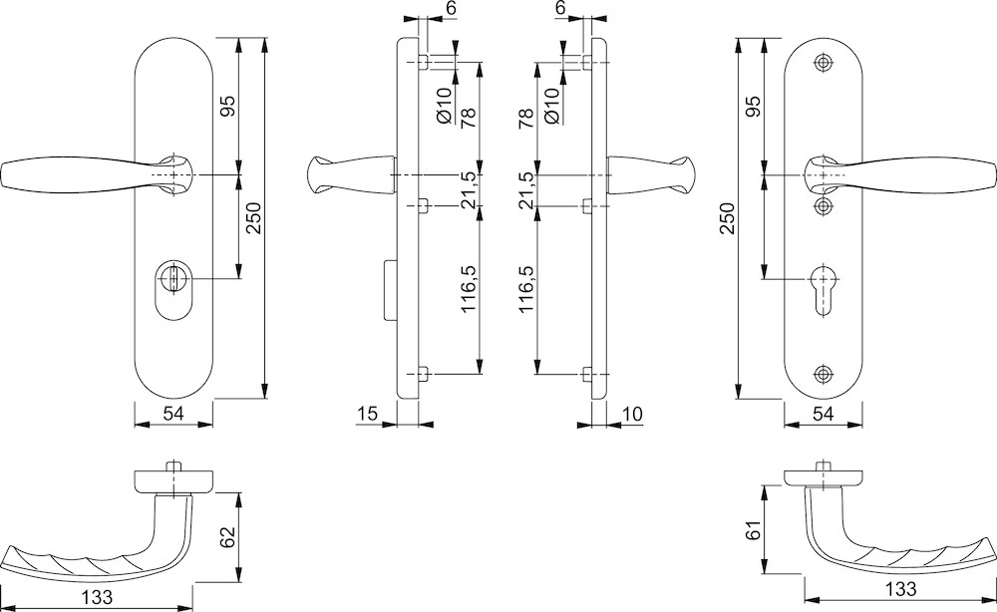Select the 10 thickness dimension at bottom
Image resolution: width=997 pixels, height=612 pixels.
pyautogui.click(x=631, y=413)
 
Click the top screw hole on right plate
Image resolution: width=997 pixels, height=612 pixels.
pyautogui.click(x=823, y=62)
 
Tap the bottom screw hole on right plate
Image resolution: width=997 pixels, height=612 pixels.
pyautogui.click(x=823, y=374)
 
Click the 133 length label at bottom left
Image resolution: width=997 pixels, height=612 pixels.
pyautogui.click(x=97, y=596)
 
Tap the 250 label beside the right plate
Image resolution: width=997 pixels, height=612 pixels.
pyautogui.click(x=726, y=216)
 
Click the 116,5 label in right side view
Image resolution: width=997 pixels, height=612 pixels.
pyautogui.click(x=526, y=290)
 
